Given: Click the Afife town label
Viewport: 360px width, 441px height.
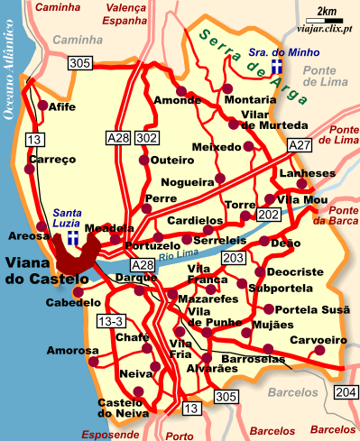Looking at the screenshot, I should pos(62,106).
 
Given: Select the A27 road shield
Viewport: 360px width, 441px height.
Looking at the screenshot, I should pos(299,145).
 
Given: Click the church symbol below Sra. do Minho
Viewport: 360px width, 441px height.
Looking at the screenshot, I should pos(278,69).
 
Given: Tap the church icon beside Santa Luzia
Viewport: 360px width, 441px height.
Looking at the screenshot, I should pos(70,236).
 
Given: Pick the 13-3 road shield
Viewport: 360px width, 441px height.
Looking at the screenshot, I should pos(111,321).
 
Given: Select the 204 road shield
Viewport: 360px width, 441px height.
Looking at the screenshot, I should pos(345,390).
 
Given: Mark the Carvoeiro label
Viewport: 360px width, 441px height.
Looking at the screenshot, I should pos(318,340).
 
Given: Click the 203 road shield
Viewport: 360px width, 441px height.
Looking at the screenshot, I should pos(233,259).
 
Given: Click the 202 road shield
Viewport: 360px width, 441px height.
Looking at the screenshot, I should pos(269,216).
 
